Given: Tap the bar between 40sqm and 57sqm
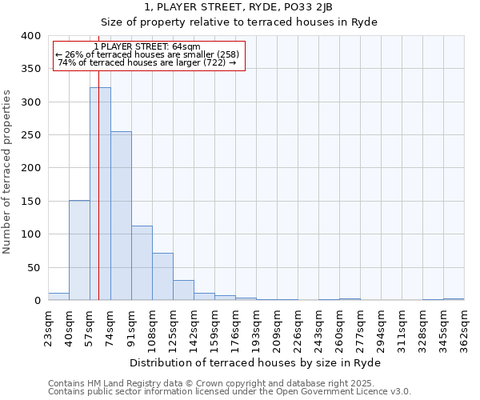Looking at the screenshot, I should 79,250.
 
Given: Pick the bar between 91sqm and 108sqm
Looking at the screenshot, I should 142,263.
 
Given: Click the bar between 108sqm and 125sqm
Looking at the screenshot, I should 162,277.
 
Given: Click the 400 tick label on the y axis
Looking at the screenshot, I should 30,36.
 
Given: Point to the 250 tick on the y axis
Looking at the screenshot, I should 30,135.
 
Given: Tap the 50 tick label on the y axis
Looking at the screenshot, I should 34,267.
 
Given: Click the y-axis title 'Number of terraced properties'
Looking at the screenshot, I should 7,172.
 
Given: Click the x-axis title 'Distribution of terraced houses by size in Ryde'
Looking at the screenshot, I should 255,362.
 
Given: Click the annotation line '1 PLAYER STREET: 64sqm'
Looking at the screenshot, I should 147,47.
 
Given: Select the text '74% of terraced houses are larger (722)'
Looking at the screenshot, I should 147,62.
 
